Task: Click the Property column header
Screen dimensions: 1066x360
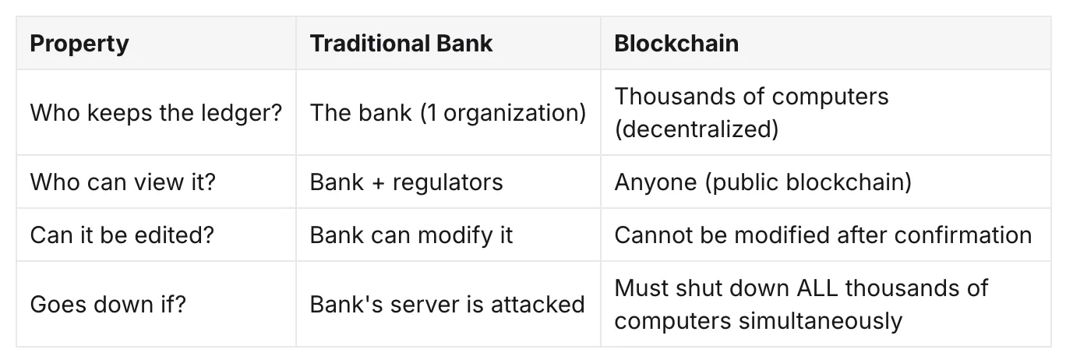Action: [x=79, y=44]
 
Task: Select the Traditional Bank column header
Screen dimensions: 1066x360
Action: [x=401, y=44]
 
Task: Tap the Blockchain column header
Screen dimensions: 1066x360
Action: [x=676, y=44]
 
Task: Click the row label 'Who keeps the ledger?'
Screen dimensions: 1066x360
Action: [x=156, y=113]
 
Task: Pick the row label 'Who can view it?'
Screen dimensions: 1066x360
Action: [x=123, y=182]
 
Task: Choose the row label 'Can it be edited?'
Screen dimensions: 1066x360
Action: [x=122, y=235]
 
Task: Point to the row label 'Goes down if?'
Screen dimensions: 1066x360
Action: [x=108, y=304]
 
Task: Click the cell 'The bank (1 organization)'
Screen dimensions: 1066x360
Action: [x=448, y=113]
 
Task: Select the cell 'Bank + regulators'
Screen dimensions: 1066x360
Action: [x=407, y=182]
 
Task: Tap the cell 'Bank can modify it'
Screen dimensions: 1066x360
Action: [x=411, y=235]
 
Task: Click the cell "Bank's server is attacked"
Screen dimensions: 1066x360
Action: [x=447, y=304]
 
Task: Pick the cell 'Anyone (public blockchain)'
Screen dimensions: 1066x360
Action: [x=763, y=182]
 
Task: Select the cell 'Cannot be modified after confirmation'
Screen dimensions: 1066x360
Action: [x=824, y=235]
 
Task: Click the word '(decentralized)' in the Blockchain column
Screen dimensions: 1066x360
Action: [x=697, y=129]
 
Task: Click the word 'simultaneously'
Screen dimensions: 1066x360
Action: [x=821, y=321]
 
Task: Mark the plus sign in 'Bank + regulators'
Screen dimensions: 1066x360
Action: [x=379, y=183]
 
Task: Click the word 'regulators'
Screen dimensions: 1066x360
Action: [x=448, y=183]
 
